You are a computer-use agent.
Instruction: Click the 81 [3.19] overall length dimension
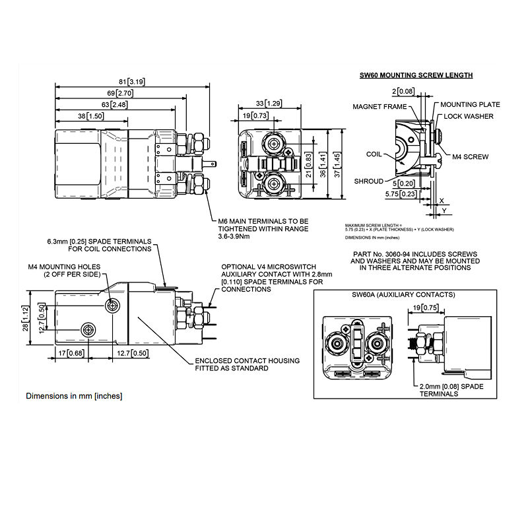click(131, 81)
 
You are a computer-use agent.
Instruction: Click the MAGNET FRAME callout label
click(379, 106)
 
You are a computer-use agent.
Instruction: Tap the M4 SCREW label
click(471, 157)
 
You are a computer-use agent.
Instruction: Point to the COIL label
click(374, 154)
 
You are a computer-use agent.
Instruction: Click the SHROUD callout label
click(368, 181)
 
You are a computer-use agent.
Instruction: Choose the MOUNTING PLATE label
click(470, 104)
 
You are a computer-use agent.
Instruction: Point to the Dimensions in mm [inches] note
click(74, 396)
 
